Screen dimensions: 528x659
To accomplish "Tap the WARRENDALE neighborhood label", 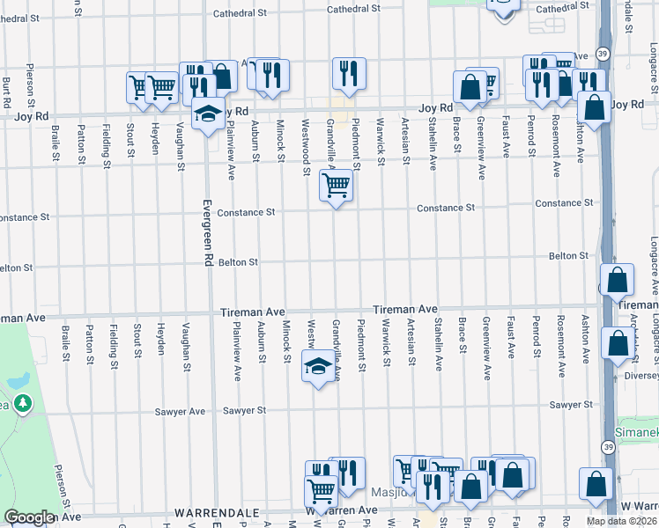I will tap(216, 511).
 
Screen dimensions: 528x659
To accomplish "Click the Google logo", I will tap(29, 517).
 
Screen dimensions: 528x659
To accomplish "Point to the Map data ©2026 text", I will tap(622, 521).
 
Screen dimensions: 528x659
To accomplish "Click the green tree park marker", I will tap(22, 405).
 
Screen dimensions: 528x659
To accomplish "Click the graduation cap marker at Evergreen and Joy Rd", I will tap(208, 114).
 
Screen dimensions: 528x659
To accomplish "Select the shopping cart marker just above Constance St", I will tap(336, 186).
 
